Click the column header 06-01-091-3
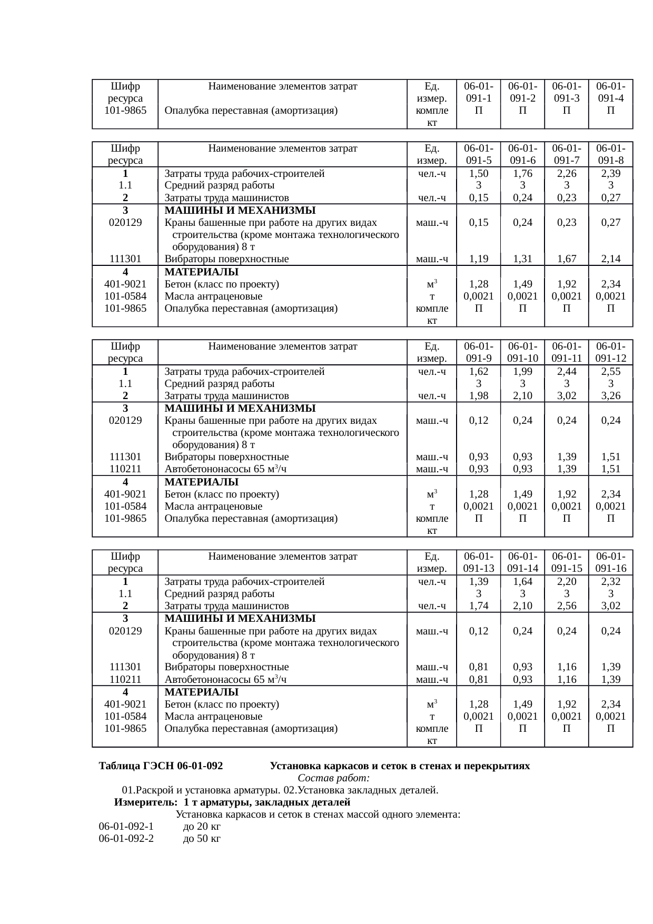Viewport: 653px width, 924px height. (x=566, y=92)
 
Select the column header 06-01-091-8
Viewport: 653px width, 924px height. (x=610, y=154)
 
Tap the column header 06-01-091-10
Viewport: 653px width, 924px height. (x=522, y=352)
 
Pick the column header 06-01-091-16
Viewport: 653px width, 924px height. (x=610, y=562)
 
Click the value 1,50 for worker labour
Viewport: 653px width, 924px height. (x=478, y=174)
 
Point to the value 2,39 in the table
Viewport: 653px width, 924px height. (x=610, y=174)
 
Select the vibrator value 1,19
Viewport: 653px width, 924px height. (x=478, y=259)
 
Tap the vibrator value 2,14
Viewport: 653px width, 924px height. (x=610, y=259)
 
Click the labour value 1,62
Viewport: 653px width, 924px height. (x=478, y=372)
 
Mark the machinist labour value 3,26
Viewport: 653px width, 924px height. (x=610, y=396)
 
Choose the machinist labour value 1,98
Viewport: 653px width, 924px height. (x=478, y=396)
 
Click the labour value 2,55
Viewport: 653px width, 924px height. (x=610, y=372)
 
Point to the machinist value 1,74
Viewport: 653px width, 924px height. (x=478, y=606)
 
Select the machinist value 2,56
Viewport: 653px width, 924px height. (x=566, y=606)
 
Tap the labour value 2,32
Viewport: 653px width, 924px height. (x=610, y=582)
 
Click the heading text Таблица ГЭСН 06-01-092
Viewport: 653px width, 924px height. (x=161, y=766)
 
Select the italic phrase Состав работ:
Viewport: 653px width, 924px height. (x=333, y=778)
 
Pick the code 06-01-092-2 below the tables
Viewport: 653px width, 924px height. (x=126, y=839)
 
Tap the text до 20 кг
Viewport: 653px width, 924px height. (x=202, y=827)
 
